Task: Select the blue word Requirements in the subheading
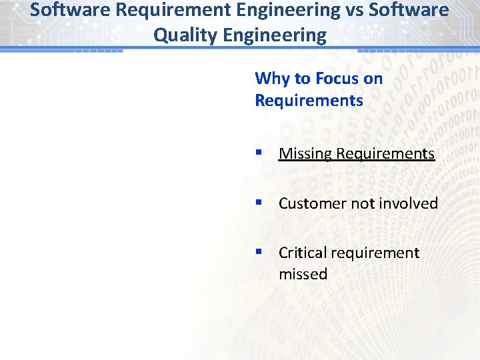(x=309, y=101)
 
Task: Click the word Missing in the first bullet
(x=305, y=153)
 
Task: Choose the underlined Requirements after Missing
(x=385, y=153)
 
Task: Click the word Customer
(x=310, y=203)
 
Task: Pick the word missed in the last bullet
(x=303, y=274)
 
